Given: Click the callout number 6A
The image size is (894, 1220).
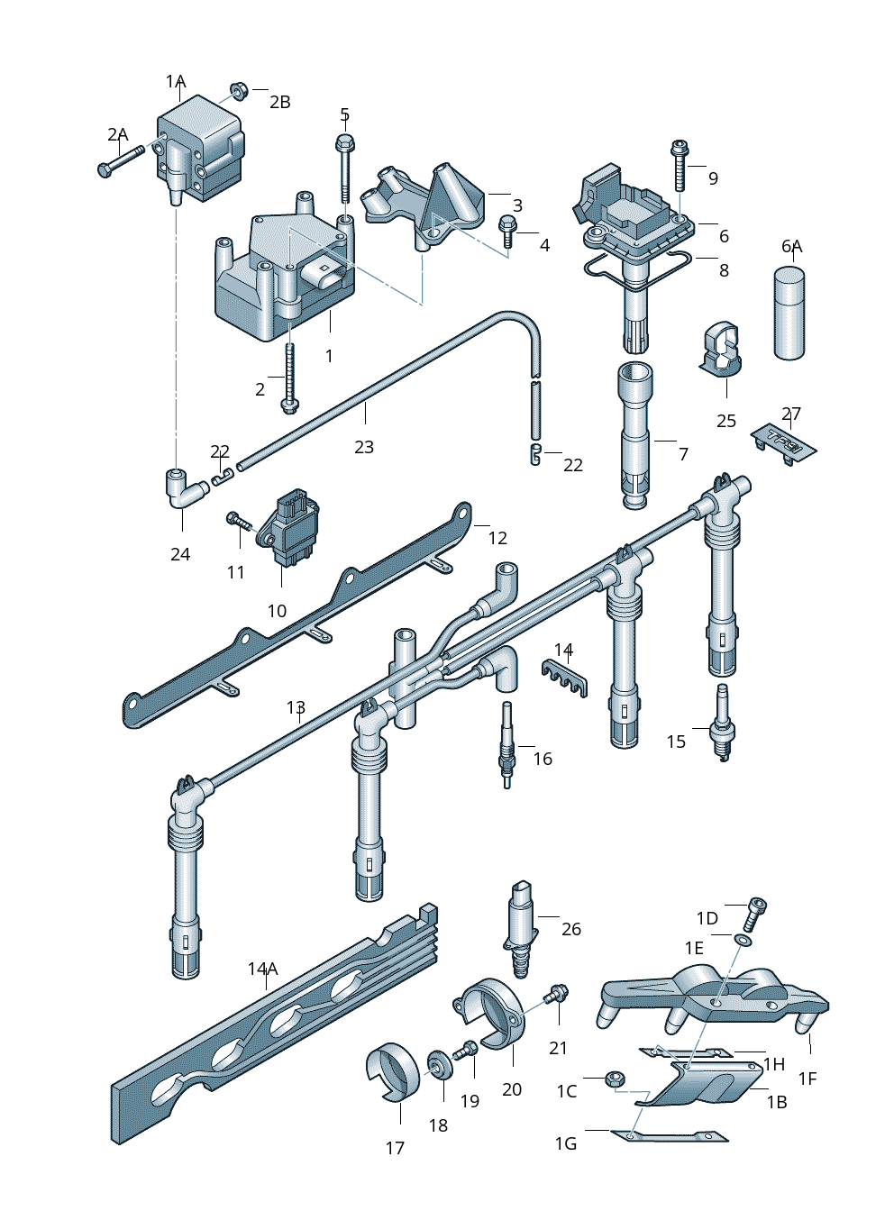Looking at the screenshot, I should point(791,246).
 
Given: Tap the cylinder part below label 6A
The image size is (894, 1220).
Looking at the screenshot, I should point(789,313).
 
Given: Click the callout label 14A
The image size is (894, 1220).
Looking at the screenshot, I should point(262,969).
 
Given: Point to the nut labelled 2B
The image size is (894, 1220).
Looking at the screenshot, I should point(239,90).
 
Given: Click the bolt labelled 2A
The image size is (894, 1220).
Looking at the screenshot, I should point(119,161).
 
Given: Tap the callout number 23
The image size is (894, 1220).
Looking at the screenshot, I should point(363,447).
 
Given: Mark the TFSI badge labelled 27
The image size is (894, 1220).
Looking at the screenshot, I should point(784,442).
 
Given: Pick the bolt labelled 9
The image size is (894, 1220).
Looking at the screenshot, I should point(680,165).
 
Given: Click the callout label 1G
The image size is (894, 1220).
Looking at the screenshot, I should point(565,1143).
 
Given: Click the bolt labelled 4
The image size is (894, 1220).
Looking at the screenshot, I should point(507,230).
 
